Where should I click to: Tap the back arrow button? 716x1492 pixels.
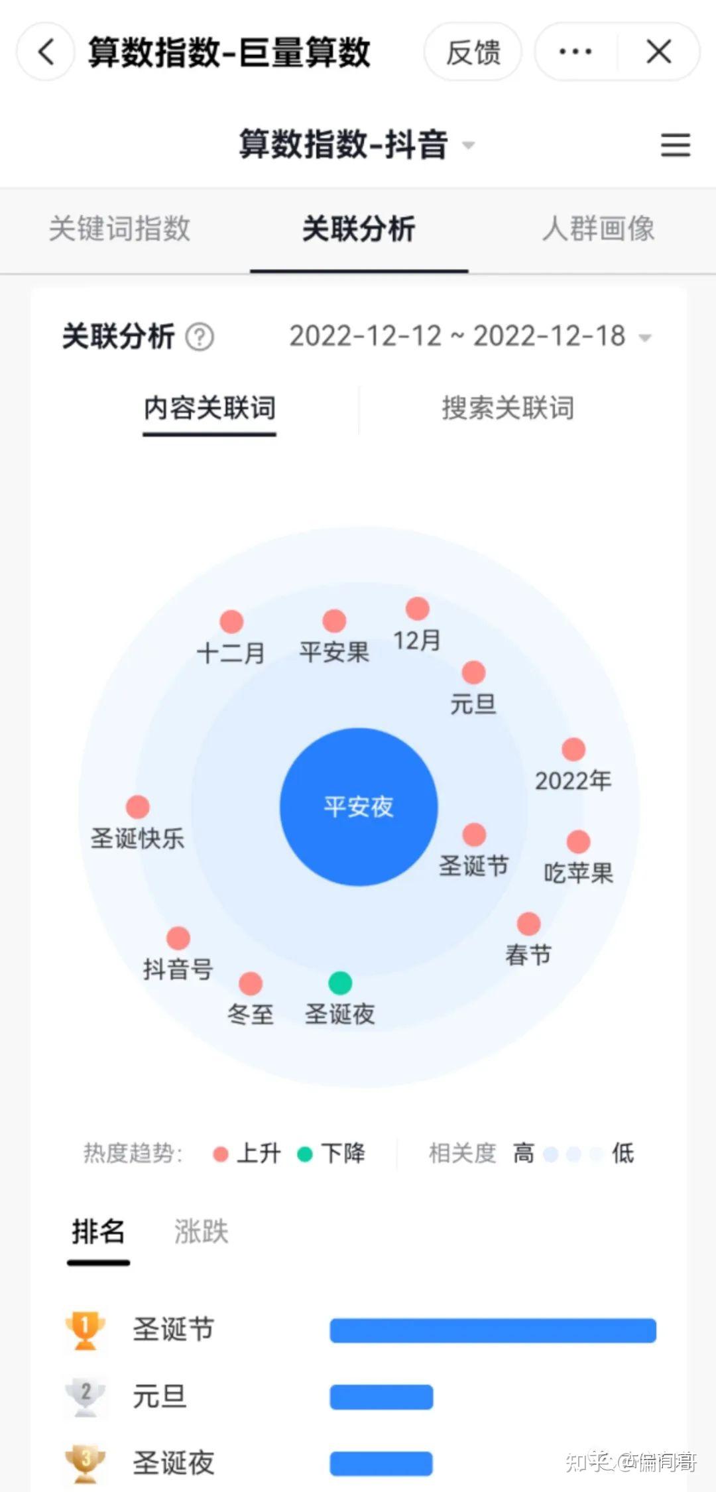click(x=45, y=52)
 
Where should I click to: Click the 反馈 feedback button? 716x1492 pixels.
click(x=473, y=52)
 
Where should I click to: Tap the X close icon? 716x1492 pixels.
click(x=658, y=52)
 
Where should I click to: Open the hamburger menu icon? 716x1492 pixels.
click(x=675, y=145)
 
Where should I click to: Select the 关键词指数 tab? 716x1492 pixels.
click(x=119, y=229)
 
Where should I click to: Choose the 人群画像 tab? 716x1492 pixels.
click(x=598, y=229)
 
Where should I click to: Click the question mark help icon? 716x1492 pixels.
click(x=200, y=337)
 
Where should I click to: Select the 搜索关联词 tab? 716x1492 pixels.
click(x=508, y=408)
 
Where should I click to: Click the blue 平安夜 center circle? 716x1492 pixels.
click(x=359, y=806)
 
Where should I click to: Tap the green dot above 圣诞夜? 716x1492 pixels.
click(x=340, y=983)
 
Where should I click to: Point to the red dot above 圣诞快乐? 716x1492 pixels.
click(x=138, y=807)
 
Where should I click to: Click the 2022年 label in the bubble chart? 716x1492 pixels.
click(x=573, y=780)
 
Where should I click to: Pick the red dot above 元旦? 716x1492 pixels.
click(x=473, y=672)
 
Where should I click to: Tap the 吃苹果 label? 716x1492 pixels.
click(x=578, y=873)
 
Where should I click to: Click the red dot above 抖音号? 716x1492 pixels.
click(x=178, y=938)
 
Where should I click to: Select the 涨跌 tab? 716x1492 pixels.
click(x=201, y=1232)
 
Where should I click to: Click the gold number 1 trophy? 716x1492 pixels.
click(x=86, y=1329)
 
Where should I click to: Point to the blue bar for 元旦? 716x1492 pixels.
click(x=381, y=1397)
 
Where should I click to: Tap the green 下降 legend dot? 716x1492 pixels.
click(x=305, y=1154)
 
